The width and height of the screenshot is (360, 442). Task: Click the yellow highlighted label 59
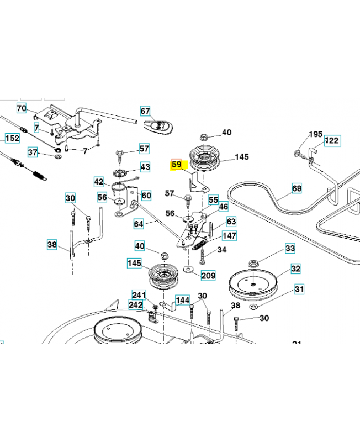click(177, 165)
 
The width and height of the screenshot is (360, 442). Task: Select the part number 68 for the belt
click(297, 189)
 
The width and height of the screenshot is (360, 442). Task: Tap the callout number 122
click(332, 140)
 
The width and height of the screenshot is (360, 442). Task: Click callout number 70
click(22, 108)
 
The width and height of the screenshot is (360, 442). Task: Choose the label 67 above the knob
click(145, 110)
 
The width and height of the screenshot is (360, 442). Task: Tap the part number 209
click(208, 275)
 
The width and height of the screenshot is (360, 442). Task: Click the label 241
click(138, 295)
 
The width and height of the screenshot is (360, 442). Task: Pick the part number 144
click(182, 300)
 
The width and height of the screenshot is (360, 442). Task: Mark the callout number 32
click(296, 269)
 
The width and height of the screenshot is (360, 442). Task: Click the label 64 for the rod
click(139, 224)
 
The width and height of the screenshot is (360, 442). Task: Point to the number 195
click(315, 134)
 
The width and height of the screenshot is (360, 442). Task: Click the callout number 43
click(145, 166)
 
